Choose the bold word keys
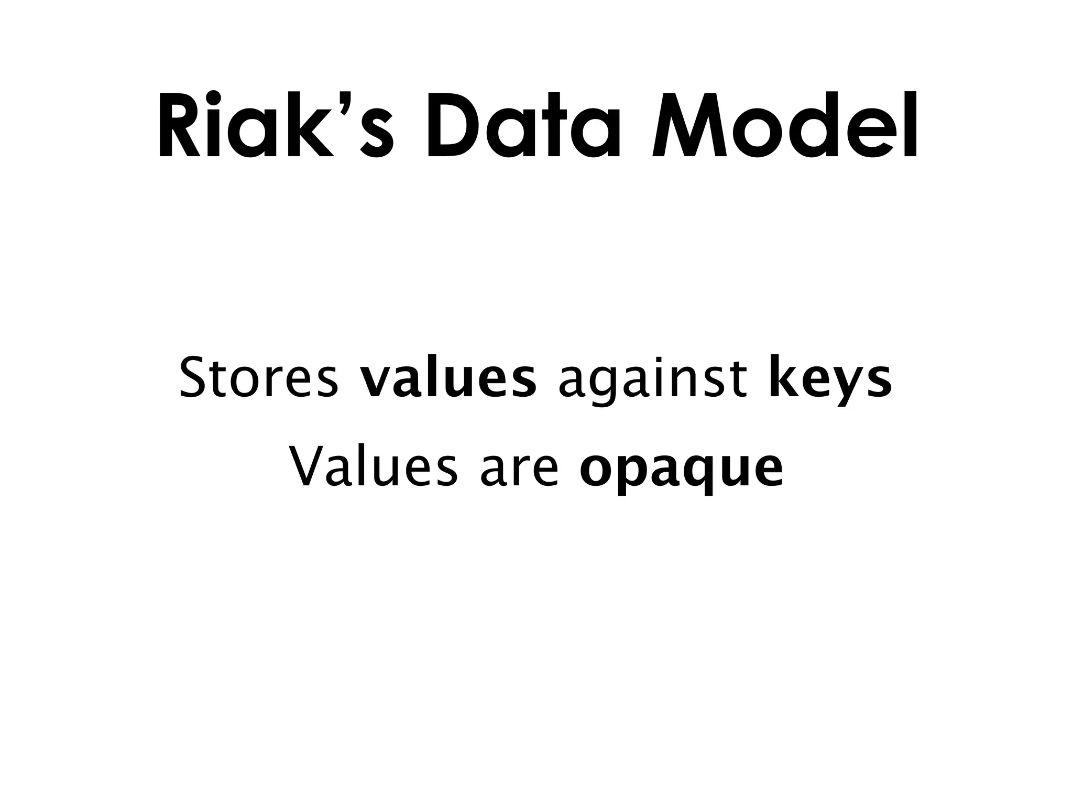830,379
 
